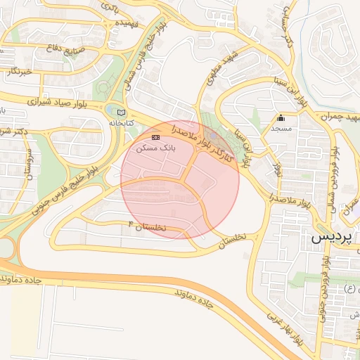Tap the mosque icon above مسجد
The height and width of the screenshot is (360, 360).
coord(281,117)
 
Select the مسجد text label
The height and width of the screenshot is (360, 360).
coord(281,130)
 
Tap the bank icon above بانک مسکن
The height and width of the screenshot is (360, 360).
coord(155,137)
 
